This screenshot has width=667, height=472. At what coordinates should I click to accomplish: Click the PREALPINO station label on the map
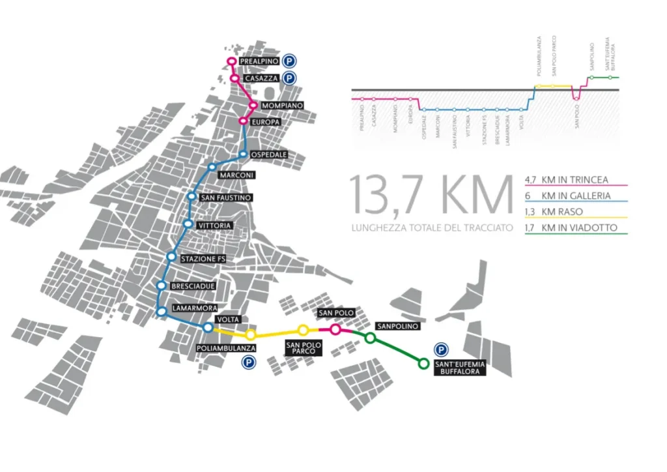tap(259, 61)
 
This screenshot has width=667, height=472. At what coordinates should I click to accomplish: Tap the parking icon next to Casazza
tap(290, 78)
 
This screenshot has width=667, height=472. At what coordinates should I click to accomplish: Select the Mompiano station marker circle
tap(253, 105)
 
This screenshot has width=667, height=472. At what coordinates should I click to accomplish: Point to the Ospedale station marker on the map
tap(243, 155)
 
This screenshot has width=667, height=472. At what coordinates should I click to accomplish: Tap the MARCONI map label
tap(236, 175)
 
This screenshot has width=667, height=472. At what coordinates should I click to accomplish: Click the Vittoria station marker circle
tap(188, 224)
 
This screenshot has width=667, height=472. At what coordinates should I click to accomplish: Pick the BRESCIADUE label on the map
tap(190, 286)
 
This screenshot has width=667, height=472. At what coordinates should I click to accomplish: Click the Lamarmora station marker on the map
tap(161, 312)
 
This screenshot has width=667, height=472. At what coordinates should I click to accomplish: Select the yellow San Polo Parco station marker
tap(303, 330)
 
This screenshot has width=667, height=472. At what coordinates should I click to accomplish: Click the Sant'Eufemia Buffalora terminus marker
tap(423, 363)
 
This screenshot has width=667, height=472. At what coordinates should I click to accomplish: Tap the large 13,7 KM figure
tap(431, 193)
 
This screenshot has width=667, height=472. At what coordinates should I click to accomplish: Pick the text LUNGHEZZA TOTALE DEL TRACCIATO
tap(431, 228)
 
